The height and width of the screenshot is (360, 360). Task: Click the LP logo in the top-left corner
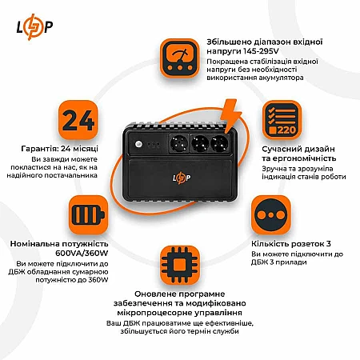[x=34, y=27]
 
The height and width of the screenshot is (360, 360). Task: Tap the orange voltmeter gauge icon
[x=180, y=58]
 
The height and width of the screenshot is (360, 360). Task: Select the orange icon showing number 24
[x=78, y=120]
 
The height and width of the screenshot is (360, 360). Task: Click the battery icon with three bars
[x=88, y=214]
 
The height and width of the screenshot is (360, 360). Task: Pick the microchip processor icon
[x=180, y=266]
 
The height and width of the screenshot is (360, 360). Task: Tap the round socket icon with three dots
[x=270, y=215]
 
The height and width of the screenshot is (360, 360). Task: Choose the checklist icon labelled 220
[x=282, y=120]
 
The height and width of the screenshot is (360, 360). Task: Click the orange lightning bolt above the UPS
[x=230, y=115]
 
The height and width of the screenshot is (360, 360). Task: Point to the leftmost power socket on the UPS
[x=179, y=143]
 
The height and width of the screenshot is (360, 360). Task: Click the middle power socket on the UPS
[x=200, y=143]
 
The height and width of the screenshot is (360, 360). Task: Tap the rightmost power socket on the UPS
[x=219, y=143]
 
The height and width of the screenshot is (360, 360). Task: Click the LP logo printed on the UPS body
[x=182, y=178]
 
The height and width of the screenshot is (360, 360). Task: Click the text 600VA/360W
[x=82, y=253]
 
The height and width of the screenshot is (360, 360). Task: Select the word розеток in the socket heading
[x=307, y=244]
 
